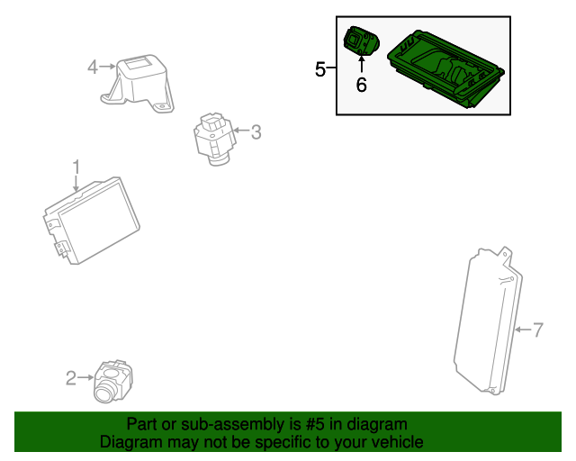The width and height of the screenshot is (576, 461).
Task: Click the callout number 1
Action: (76, 167)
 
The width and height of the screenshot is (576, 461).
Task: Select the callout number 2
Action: (71, 378)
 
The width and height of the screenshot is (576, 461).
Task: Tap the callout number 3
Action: (256, 132)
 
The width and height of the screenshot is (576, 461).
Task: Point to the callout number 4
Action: (93, 66)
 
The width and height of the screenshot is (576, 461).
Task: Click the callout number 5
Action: (320, 69)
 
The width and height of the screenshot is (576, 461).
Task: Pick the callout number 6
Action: (361, 86)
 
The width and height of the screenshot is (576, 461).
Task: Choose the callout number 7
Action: (538, 330)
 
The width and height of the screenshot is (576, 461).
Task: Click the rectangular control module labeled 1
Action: (92, 221)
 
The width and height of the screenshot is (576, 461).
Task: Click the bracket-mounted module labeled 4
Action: (140, 82)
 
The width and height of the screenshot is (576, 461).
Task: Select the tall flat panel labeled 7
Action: (486, 324)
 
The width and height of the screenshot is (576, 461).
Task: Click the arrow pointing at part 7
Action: (522, 330)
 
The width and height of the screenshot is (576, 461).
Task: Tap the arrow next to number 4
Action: (108, 66)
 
